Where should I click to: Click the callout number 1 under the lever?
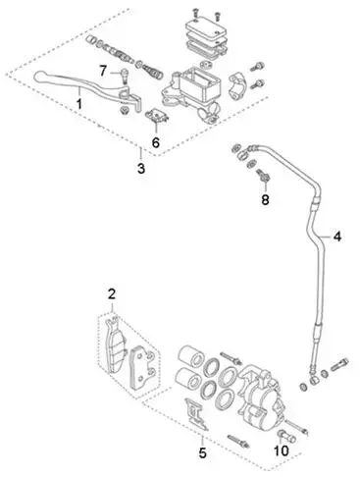coord(79,103)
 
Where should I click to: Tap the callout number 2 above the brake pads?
coord(112,294)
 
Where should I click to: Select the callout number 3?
coord(141,169)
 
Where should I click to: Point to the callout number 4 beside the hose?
coord(337,237)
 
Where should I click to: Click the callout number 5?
coord(202,453)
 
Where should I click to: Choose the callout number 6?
coord(156,142)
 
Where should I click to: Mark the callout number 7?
coord(103,71)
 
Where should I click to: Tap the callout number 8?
coord(265,199)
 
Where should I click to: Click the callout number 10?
coord(282,450)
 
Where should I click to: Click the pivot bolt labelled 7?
coord(125,77)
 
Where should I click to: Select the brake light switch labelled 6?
coord(157,116)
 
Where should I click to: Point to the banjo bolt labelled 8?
coord(264,175)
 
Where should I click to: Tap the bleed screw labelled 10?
coord(286,436)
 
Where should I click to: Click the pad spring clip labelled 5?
coord(196,414)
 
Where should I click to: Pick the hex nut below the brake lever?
coord(125,111)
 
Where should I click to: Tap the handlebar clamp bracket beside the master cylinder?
coord(237,85)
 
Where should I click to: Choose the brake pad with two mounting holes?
coord(143,368)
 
